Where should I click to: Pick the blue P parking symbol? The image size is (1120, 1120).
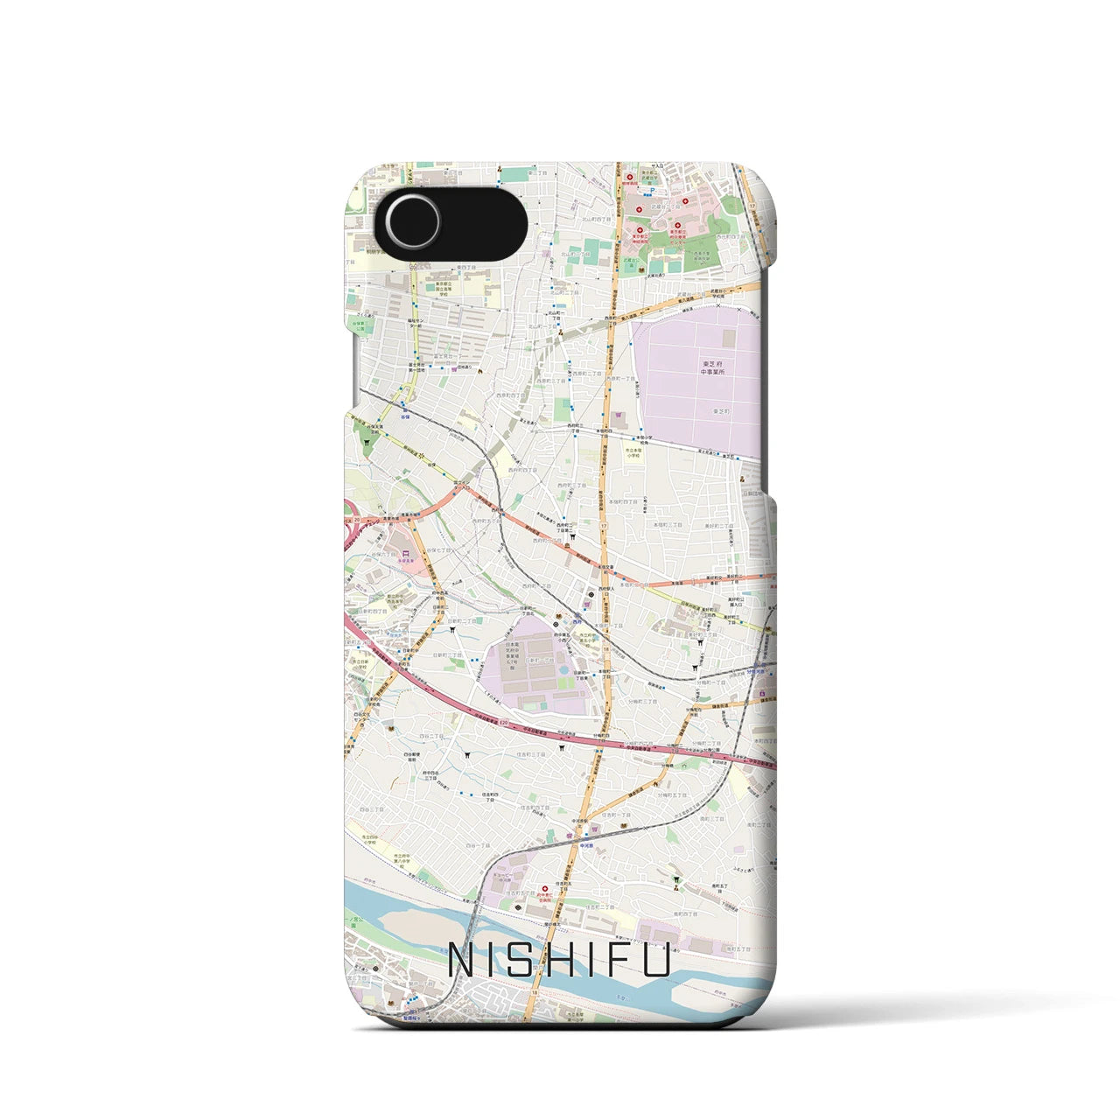pos(651,189)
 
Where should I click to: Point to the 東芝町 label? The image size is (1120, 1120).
pos(721,410)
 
